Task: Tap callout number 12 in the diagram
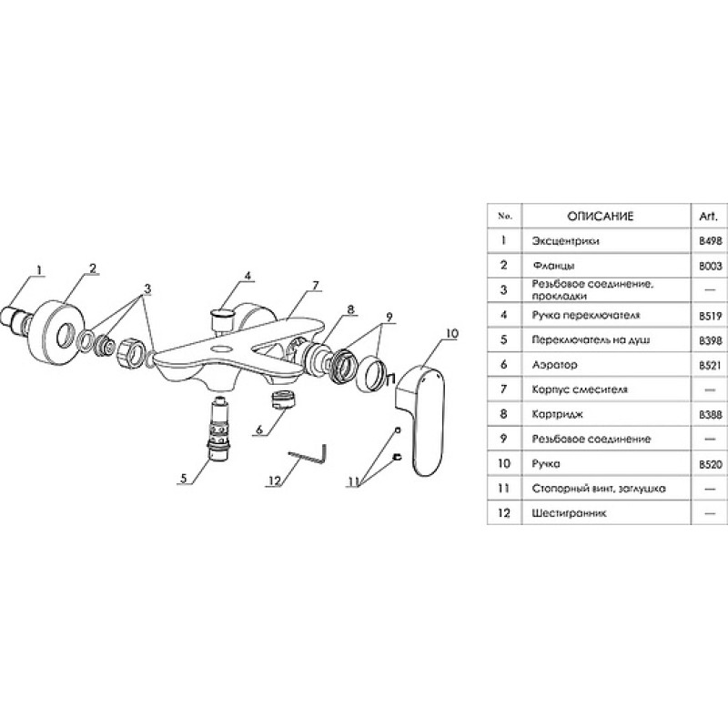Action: (x=275, y=480)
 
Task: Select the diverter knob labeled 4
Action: (x=222, y=317)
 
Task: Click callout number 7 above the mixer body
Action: (x=316, y=286)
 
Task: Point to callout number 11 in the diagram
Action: (x=354, y=482)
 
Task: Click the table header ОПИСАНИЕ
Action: (x=601, y=217)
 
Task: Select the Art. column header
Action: (x=710, y=217)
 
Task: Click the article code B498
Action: (x=711, y=241)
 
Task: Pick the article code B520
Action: (x=711, y=464)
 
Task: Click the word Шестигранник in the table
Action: (x=570, y=513)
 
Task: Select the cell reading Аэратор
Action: (x=555, y=365)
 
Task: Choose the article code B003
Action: (x=711, y=266)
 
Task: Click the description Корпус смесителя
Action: (x=580, y=389)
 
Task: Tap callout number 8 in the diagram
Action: (x=350, y=309)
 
